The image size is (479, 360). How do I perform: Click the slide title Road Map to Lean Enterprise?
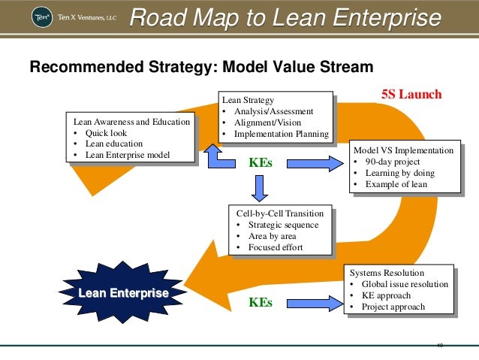point(285,18)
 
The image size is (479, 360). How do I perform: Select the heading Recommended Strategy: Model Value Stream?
point(200,68)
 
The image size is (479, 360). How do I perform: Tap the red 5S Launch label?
point(412,95)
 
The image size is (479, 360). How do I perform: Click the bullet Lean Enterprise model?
point(128,156)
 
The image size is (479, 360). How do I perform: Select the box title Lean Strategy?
point(249,100)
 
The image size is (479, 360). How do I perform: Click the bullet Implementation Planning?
point(281,135)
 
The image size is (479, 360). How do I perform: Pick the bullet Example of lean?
point(396,185)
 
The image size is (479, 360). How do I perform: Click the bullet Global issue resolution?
point(405,284)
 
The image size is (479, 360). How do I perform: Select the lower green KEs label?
point(261,303)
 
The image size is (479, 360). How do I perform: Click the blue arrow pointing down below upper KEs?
point(260,188)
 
